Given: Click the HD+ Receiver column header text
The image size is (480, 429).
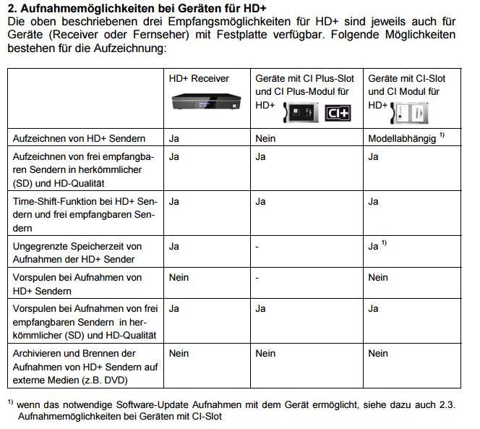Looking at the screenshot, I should (199, 78).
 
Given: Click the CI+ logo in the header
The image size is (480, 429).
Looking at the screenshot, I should (338, 113).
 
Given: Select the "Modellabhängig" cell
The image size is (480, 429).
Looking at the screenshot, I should (402, 138).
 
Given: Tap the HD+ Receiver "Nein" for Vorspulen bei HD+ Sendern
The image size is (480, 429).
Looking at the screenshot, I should (179, 277).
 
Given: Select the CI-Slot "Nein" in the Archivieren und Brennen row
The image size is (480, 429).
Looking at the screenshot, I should (378, 353).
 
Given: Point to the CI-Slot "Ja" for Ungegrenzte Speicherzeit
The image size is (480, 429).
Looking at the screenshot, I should (373, 246).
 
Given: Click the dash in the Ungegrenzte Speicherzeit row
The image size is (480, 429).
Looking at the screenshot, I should (257, 246).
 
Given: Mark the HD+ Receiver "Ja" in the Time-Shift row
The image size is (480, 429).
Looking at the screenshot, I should (173, 202).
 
